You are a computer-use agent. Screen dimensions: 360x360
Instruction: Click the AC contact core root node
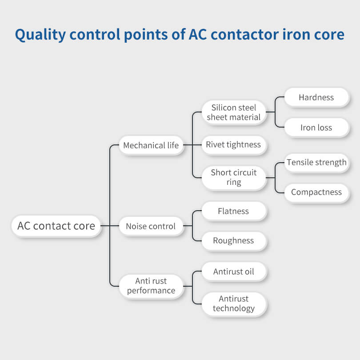(x=56, y=226)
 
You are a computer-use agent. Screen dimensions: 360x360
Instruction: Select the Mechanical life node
(x=151, y=145)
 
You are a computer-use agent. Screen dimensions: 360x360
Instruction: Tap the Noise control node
(x=151, y=226)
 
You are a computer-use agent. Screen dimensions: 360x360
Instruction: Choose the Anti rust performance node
(x=151, y=286)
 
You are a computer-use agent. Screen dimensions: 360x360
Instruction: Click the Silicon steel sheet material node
(x=234, y=112)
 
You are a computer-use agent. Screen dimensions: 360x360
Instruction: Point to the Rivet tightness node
(x=234, y=145)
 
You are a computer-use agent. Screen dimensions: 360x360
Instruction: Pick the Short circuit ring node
(x=234, y=178)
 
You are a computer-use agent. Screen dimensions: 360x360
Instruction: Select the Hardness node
(x=316, y=97)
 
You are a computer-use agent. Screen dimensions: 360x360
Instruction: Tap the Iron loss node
(x=316, y=128)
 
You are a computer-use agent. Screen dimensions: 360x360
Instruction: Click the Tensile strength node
(x=316, y=163)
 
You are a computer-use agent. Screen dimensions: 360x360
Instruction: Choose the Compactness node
(x=316, y=192)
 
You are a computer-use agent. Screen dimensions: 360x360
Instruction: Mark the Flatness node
(x=234, y=211)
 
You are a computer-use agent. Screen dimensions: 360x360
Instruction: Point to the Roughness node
(x=234, y=241)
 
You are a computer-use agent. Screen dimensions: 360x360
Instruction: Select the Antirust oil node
(x=234, y=272)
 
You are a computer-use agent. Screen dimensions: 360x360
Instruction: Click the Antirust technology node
(x=234, y=304)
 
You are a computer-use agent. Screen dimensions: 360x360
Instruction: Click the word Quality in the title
(x=40, y=35)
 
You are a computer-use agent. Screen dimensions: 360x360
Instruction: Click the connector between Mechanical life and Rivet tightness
(x=192, y=145)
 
